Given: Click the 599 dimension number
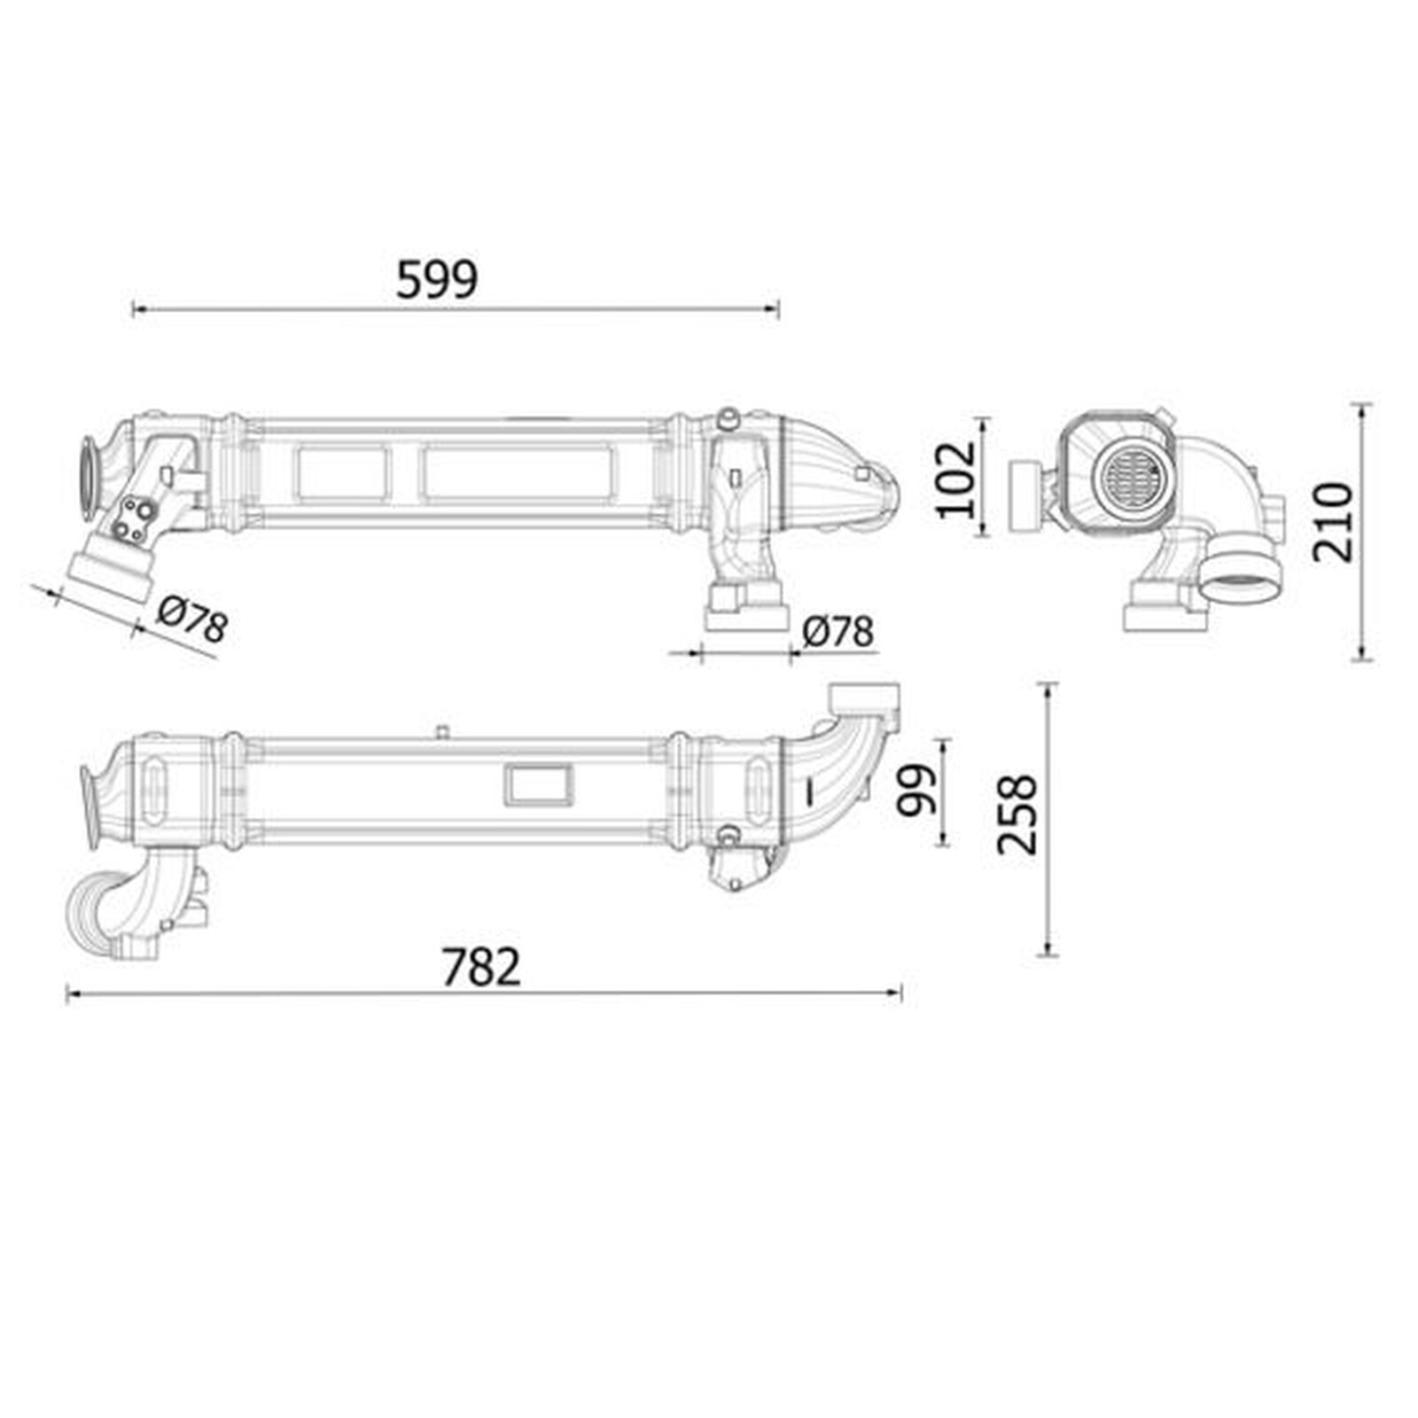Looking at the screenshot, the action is [x=436, y=279].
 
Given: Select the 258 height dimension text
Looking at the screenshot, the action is [x=1017, y=814].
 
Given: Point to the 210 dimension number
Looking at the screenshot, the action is [x=1333, y=522].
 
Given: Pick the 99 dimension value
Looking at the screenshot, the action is [x=916, y=790].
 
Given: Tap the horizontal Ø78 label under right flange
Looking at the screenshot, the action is [x=838, y=632].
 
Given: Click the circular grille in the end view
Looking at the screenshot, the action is [x=1130, y=475].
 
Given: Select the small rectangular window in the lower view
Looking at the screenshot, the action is [x=539, y=785].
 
